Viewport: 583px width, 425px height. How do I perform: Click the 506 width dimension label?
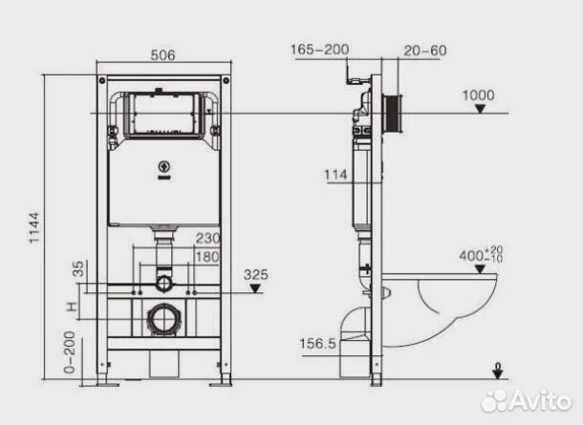[x=162, y=55]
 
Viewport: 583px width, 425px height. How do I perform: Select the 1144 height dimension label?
[x=34, y=227]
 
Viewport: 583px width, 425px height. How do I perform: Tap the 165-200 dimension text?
[x=319, y=50]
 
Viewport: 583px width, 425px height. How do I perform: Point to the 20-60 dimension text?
[x=425, y=51]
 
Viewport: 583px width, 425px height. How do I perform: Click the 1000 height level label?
[x=478, y=96]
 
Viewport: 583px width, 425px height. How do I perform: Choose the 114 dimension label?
[x=335, y=175]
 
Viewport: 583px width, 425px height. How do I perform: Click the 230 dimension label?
[x=207, y=238]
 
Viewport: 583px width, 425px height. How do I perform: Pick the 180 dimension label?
[x=207, y=257]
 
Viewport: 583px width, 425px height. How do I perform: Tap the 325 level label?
[x=256, y=275]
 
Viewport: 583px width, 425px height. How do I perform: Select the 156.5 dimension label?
[x=317, y=344]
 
